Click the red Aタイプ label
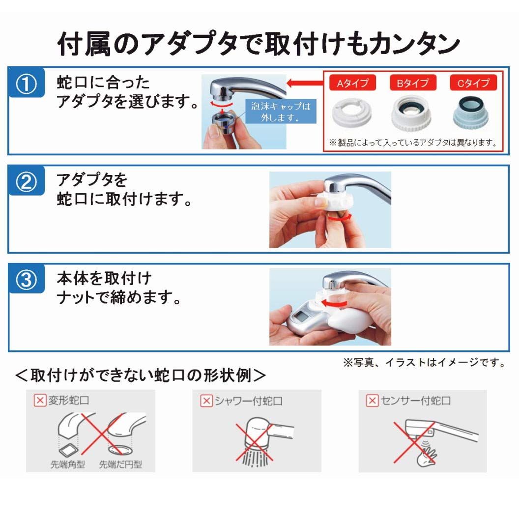(352, 83)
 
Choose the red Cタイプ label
(473, 83)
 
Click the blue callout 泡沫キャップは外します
(281, 112)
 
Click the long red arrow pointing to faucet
(305, 83)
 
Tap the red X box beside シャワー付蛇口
(206, 401)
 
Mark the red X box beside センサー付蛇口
(373, 401)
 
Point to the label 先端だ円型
(120, 464)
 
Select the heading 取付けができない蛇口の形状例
(140, 376)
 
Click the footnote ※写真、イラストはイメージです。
(424, 363)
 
